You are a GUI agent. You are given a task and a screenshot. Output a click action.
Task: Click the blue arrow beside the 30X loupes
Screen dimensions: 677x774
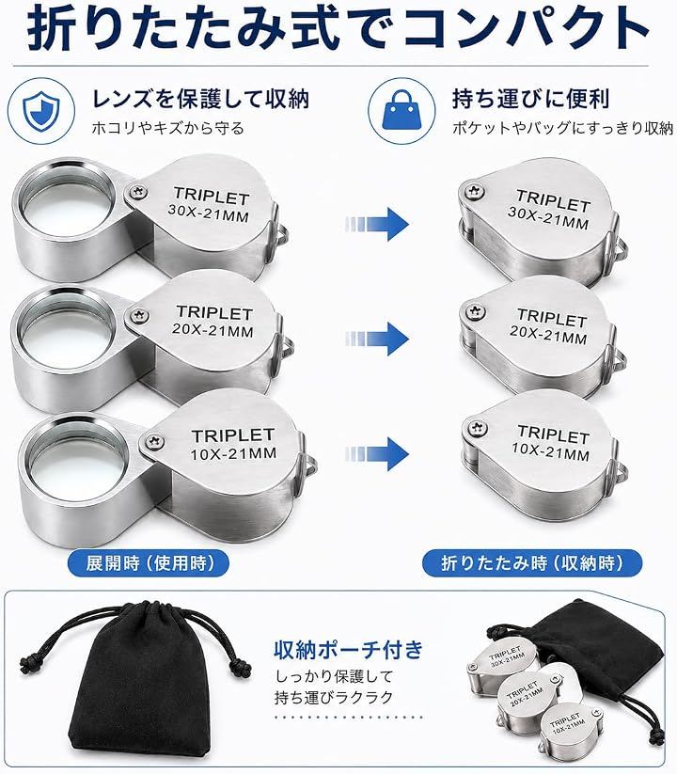point(377,224)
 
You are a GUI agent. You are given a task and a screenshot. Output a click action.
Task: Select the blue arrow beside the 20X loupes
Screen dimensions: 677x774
point(377,339)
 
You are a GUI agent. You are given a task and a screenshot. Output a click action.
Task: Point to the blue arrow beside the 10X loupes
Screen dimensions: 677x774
point(377,453)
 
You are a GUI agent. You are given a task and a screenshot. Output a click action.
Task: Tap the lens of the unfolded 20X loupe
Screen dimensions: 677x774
point(63,329)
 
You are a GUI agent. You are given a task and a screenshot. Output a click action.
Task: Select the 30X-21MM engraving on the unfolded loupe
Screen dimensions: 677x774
point(208,213)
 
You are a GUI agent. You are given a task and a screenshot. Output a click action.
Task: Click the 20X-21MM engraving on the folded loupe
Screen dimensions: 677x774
point(549,334)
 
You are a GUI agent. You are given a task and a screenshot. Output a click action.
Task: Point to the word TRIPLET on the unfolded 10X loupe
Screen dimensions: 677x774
point(233,435)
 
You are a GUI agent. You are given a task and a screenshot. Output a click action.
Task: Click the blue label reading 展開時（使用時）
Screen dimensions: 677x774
point(149,562)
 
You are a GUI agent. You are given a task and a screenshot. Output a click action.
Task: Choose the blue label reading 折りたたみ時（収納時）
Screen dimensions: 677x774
point(532,562)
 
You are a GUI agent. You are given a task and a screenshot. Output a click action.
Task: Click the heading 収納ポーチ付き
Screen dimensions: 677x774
point(349,650)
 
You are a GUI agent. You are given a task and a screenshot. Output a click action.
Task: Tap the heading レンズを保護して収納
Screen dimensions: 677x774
point(200,99)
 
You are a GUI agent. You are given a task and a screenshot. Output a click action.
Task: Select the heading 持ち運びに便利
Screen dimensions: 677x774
point(531,99)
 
